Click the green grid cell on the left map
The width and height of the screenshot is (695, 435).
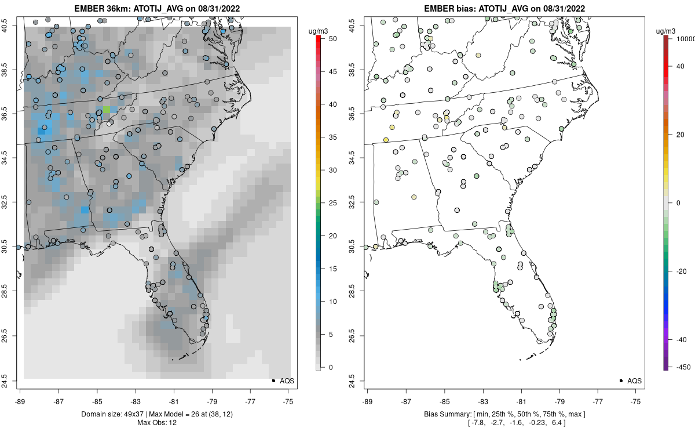(x=106, y=110)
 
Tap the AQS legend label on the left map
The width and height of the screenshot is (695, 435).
(x=287, y=381)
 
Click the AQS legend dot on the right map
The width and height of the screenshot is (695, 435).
(x=621, y=380)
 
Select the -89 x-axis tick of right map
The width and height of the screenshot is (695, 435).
(x=368, y=401)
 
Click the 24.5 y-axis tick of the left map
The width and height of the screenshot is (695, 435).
(x=5, y=380)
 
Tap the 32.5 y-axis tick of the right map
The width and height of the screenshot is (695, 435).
(x=352, y=202)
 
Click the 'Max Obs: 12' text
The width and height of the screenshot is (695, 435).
(x=157, y=423)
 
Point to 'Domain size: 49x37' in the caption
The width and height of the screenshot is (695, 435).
(x=114, y=414)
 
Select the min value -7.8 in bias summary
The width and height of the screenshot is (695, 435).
(x=477, y=423)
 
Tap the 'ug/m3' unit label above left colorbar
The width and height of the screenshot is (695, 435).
(x=318, y=31)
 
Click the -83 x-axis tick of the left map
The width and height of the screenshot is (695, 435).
(x=136, y=401)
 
